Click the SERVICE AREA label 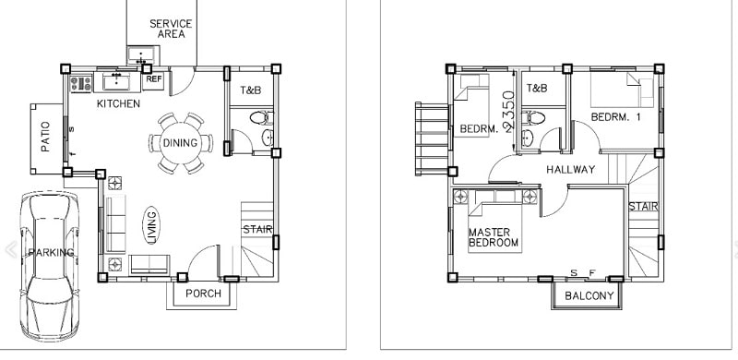[171, 29]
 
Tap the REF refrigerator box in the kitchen [153, 80]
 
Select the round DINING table [180, 143]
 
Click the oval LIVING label [151, 225]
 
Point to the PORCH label [203, 294]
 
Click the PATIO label [45, 137]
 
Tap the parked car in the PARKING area [50, 265]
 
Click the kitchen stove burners [81, 84]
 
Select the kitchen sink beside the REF [117, 81]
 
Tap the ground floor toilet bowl [260, 117]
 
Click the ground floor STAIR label [257, 230]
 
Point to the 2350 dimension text [509, 111]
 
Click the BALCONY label [589, 296]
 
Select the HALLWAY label [570, 169]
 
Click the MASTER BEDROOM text [494, 237]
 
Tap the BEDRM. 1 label [615, 117]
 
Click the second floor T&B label [537, 88]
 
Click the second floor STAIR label [643, 207]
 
